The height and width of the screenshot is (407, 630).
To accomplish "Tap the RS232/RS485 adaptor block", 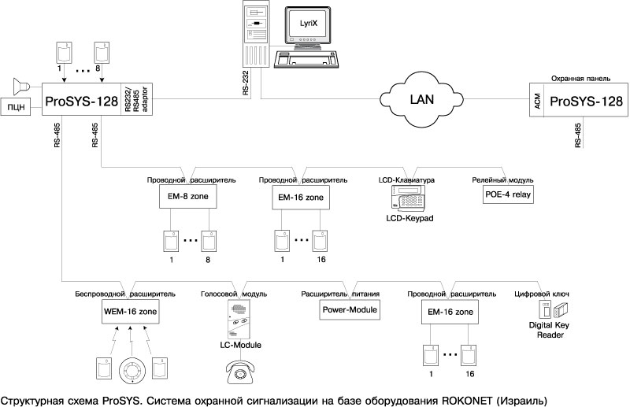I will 137,101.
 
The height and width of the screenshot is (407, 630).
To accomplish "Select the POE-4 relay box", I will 508,196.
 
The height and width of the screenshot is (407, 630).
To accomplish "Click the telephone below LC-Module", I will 240,371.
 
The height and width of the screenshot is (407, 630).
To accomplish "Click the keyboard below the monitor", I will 306,60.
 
